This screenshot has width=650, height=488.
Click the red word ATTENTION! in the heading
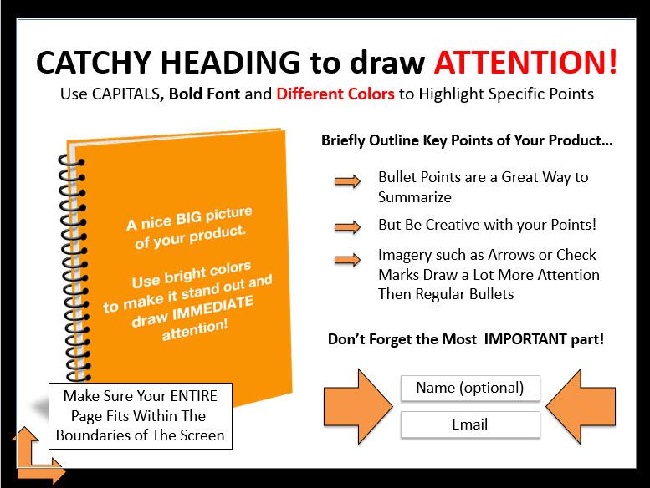click(x=525, y=62)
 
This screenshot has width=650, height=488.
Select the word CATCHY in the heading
click(x=94, y=63)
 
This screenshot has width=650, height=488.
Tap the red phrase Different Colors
click(x=335, y=94)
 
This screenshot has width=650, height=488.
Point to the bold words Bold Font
click(x=204, y=94)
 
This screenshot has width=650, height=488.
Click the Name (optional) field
click(x=470, y=388)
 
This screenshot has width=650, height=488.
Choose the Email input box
click(x=470, y=424)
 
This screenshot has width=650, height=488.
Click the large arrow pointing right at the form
click(x=358, y=406)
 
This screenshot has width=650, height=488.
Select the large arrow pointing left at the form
click(x=581, y=406)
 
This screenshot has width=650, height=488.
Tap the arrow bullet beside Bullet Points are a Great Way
click(x=347, y=180)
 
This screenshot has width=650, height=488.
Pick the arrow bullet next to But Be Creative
click(x=347, y=226)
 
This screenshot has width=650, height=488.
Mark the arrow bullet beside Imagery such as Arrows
click(x=347, y=260)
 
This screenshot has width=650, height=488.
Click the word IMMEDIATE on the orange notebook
click(x=212, y=308)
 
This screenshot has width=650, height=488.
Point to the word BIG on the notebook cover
click(x=188, y=218)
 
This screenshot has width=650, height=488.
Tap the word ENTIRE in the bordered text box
click(x=193, y=396)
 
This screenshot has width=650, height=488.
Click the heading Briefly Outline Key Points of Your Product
click(x=467, y=140)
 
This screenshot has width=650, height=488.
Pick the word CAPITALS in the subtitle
click(x=125, y=94)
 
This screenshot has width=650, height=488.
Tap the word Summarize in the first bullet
click(x=415, y=197)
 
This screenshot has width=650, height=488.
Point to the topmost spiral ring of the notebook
click(x=71, y=161)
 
